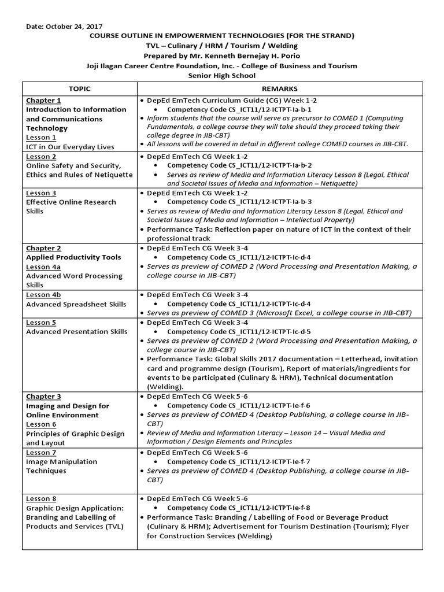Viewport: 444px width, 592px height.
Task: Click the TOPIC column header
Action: [x=79, y=88]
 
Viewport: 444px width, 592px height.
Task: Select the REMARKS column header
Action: [x=280, y=88]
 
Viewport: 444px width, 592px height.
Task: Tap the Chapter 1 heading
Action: [x=43, y=101]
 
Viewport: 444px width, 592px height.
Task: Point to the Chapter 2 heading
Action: [x=43, y=248]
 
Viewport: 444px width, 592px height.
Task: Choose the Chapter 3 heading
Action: [x=43, y=397]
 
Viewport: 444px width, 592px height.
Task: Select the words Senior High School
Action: [x=221, y=76]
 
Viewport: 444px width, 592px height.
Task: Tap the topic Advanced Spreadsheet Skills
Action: [x=76, y=304]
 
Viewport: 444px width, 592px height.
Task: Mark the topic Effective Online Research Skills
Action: [x=71, y=206]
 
